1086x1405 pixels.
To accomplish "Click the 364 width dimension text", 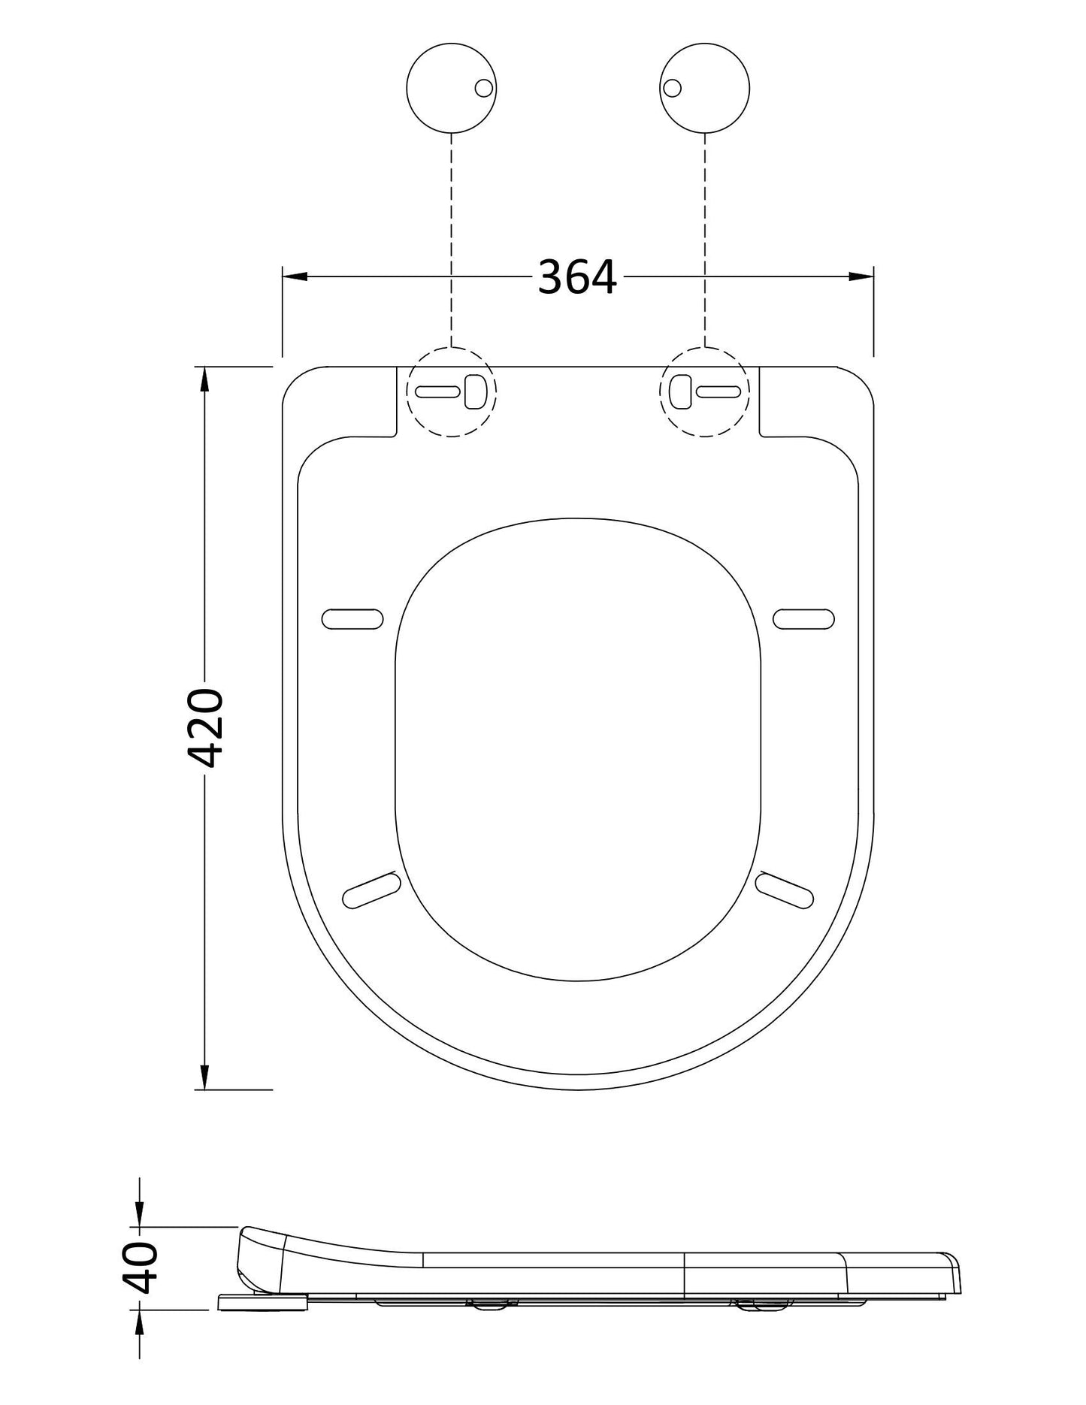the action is [x=577, y=277].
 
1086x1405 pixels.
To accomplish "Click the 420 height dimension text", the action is [x=204, y=727].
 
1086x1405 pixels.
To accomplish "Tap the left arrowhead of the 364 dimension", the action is [x=295, y=276].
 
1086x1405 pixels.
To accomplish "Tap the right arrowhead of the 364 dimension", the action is [x=861, y=276].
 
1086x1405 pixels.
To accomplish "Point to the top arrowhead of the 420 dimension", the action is [x=204, y=380].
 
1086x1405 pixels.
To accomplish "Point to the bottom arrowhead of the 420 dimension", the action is [x=204, y=1075].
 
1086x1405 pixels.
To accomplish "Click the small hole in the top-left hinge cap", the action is [x=485, y=88].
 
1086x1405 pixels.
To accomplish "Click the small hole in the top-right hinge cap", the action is [x=671, y=88].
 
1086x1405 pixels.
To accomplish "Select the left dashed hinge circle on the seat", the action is [x=451, y=391].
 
